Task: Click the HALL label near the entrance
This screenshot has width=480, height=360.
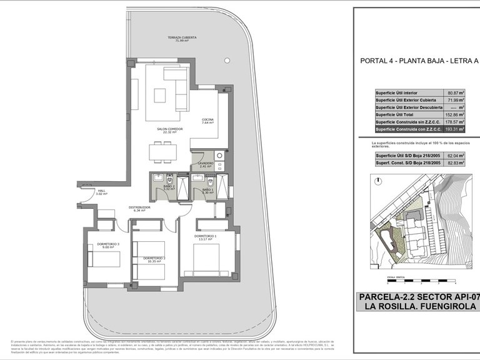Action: pyautogui.click(x=101, y=192)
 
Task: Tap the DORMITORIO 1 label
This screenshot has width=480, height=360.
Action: pyautogui.click(x=207, y=236)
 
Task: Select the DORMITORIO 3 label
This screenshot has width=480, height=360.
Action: pyautogui.click(x=99, y=245)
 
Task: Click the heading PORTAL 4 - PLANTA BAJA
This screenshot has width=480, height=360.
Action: pyautogui.click(x=411, y=61)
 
